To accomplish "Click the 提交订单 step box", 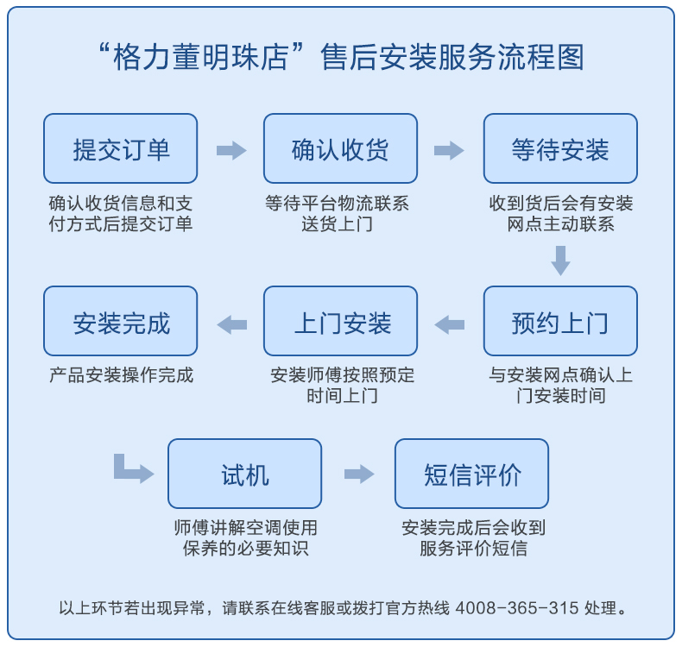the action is click(x=121, y=148).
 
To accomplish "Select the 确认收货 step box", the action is click(x=340, y=148).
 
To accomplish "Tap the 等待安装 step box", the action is click(x=560, y=148).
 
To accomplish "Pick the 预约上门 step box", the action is click(x=560, y=321).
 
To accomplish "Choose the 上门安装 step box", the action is click(x=340, y=321).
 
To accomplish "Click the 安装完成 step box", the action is click(x=121, y=321).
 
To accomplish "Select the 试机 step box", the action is click(x=245, y=474).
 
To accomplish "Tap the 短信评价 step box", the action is click(x=472, y=474).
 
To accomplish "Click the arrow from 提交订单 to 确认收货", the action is click(x=231, y=150).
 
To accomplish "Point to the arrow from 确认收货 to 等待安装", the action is click(x=449, y=150).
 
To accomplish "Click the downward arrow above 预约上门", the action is click(x=560, y=261).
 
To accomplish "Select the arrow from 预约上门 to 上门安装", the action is click(x=449, y=324).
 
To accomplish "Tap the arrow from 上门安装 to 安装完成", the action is click(x=232, y=324).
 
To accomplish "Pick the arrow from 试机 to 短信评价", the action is click(x=359, y=474).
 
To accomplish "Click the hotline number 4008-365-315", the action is click(x=517, y=608).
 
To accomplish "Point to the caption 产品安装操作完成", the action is click(x=121, y=375).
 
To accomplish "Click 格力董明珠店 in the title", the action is click(x=200, y=57).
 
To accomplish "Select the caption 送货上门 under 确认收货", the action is click(x=337, y=224).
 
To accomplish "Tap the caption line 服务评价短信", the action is click(x=473, y=549).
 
